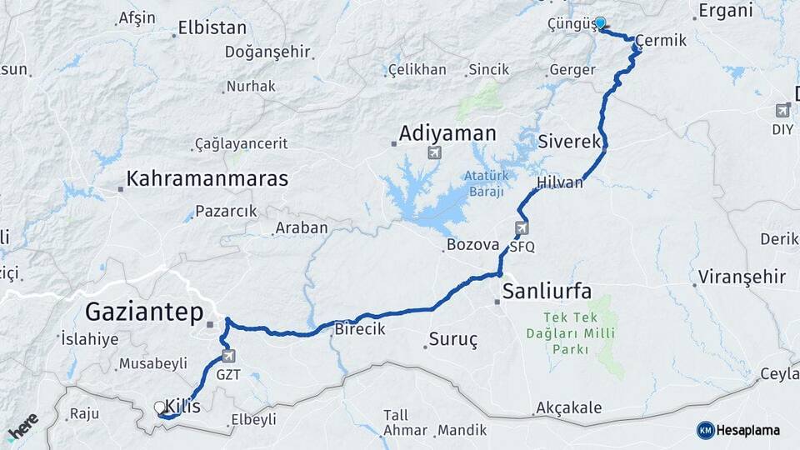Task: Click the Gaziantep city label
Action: click(144, 313)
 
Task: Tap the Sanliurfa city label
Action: click(547, 292)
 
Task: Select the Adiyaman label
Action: click(447, 133)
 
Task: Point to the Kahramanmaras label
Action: click(207, 178)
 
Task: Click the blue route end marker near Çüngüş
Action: click(599, 23)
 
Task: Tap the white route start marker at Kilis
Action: click(159, 407)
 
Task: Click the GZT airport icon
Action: click(229, 356)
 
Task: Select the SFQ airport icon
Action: click(522, 227)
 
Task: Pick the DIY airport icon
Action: click(782, 110)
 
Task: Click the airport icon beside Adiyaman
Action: click(433, 152)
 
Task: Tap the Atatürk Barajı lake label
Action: click(484, 184)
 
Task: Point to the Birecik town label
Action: click(360, 329)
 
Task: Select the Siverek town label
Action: click(570, 141)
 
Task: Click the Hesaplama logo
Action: click(738, 430)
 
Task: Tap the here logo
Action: click(22, 427)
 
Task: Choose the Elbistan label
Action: click(212, 27)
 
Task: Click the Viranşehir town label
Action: click(742, 277)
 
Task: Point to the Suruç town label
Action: click(453, 339)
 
